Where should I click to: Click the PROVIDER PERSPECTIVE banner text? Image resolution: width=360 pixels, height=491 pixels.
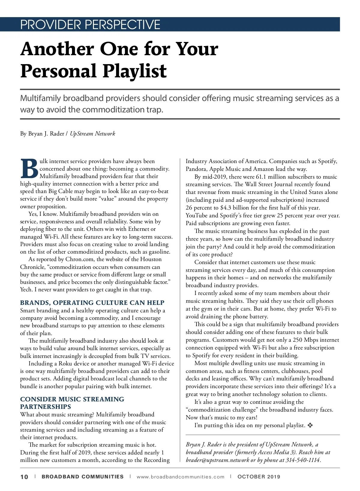(90, 25)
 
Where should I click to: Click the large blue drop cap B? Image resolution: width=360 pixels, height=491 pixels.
(29, 169)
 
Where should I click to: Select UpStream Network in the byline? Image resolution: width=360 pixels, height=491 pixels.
(92, 134)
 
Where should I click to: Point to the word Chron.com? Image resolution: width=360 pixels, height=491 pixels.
(79, 259)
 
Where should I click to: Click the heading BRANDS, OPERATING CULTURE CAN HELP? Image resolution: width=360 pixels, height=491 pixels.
(92, 303)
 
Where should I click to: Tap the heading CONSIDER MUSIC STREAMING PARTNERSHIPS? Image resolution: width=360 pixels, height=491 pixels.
(72, 403)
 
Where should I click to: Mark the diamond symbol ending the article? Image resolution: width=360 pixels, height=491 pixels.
(310, 425)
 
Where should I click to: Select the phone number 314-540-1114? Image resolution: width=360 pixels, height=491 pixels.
(303, 460)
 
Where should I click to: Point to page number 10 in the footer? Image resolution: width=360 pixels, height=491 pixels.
(24, 477)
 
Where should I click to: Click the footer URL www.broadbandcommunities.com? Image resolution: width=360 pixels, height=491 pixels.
(180, 477)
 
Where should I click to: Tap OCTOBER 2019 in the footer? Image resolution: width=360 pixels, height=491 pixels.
(259, 477)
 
